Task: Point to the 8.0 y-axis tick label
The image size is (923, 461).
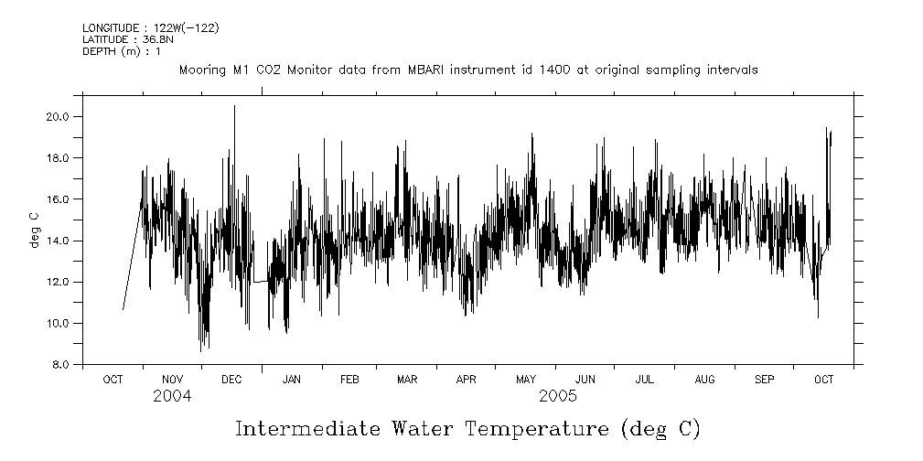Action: click(60, 365)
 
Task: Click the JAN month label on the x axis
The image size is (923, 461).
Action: click(292, 379)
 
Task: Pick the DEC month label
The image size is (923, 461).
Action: click(231, 379)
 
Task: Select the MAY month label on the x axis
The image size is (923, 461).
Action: click(526, 379)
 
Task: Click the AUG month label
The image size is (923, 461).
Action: click(704, 379)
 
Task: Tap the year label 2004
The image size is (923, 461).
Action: click(172, 396)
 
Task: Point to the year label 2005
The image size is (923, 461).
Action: click(557, 396)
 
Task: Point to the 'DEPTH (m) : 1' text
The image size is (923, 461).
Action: click(122, 51)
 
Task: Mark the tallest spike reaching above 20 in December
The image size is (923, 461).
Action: click(234, 108)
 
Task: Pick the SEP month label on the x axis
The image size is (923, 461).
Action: click(765, 379)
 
